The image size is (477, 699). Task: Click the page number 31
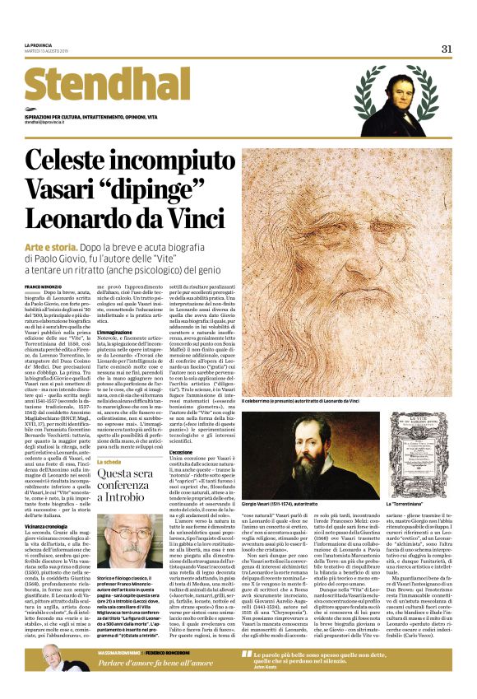[x=447, y=49]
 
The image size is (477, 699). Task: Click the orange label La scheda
[x=110, y=462]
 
